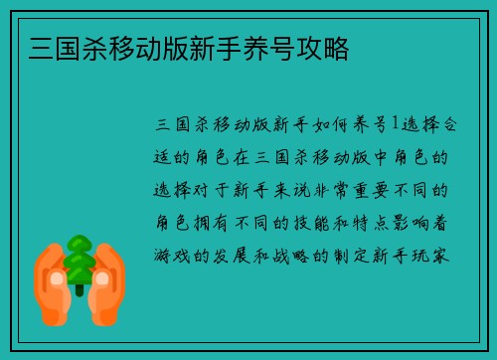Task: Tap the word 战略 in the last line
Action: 295,254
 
